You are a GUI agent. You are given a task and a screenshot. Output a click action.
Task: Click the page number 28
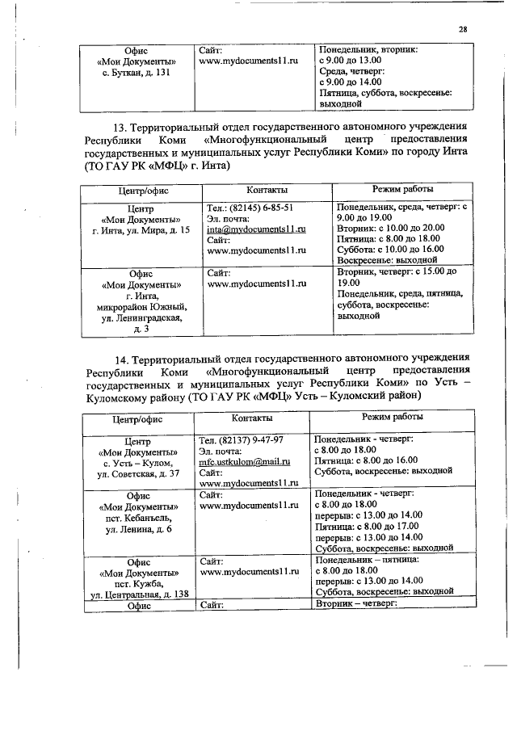[463, 30]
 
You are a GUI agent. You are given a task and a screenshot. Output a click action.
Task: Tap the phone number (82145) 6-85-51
[244, 208]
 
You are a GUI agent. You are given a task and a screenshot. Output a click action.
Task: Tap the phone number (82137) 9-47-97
[240, 440]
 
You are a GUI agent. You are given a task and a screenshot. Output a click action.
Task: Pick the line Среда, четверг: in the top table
[357, 71]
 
